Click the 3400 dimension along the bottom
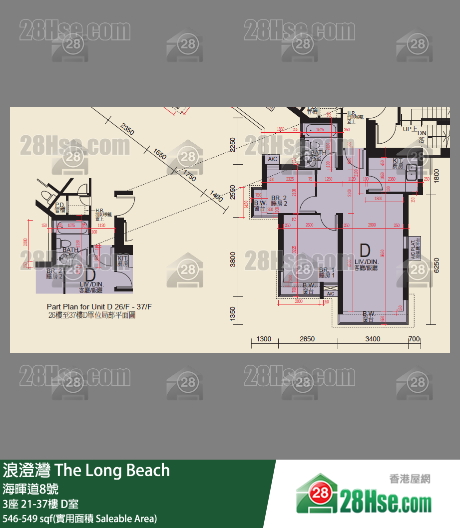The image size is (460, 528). [x=373, y=339]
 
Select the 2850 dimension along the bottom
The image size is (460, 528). [x=307, y=339]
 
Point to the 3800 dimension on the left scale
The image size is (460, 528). [x=232, y=260]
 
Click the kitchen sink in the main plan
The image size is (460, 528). [x=413, y=172]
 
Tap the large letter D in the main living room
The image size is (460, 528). [x=365, y=250]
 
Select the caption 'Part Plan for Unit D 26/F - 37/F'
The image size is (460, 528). [x=99, y=306]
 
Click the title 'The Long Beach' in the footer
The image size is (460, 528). [x=112, y=470]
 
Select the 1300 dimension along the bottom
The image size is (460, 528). [x=264, y=339]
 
